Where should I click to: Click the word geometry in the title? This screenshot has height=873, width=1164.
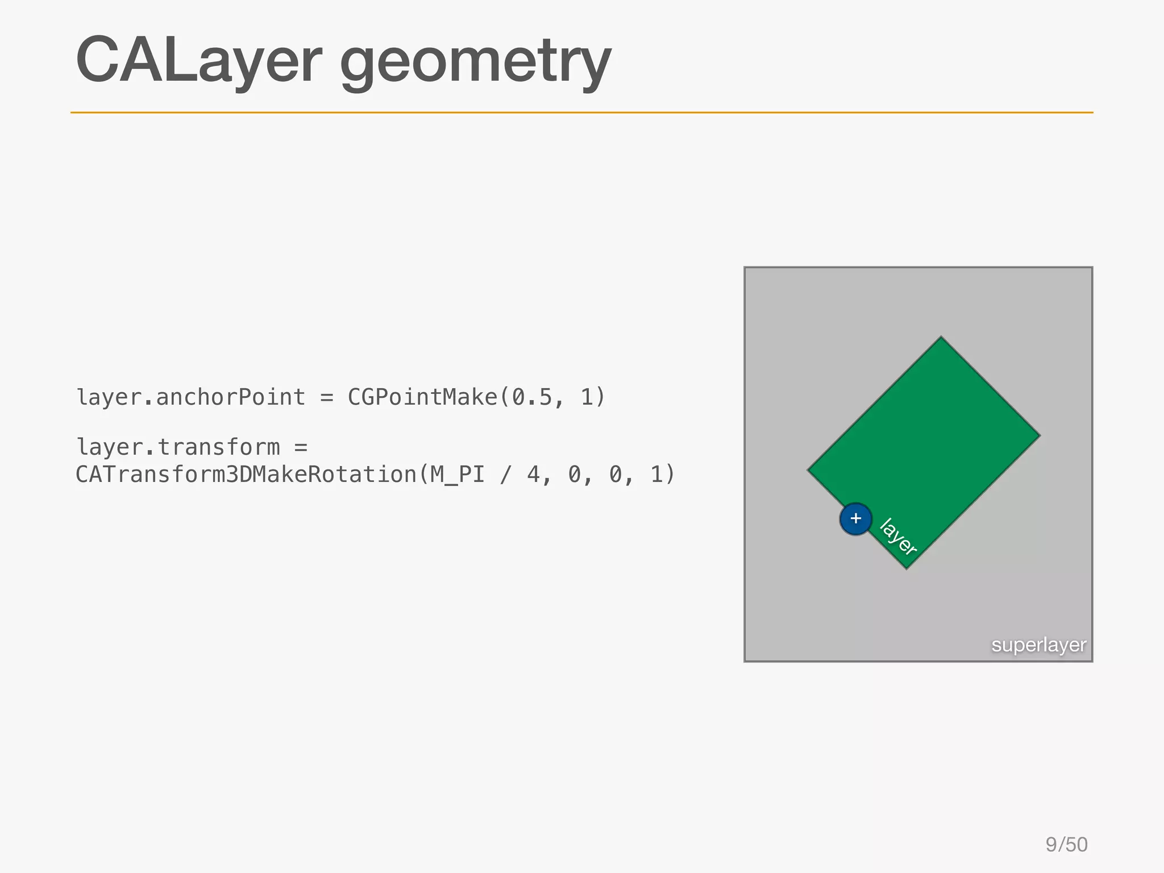pyautogui.click(x=475, y=63)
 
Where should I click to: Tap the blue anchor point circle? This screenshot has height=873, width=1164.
pyautogui.click(x=855, y=519)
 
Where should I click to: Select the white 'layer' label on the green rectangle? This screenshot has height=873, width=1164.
pyautogui.click(x=898, y=536)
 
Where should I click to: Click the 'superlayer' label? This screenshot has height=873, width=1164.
pyautogui.click(x=1038, y=645)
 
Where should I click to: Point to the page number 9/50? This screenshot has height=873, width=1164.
pyautogui.click(x=1066, y=845)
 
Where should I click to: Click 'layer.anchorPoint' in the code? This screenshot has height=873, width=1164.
pyautogui.click(x=191, y=397)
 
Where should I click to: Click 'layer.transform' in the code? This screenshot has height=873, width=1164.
pyautogui.click(x=178, y=447)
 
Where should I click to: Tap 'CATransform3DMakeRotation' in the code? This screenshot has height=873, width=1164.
pyautogui.click(x=246, y=475)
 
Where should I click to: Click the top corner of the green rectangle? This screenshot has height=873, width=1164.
pyautogui.click(x=941, y=337)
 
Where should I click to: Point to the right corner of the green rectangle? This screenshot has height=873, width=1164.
pyautogui.click(x=1040, y=436)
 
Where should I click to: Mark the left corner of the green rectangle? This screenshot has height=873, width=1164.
pyautogui.click(x=808, y=470)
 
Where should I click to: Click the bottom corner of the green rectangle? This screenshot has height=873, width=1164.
pyautogui.click(x=907, y=568)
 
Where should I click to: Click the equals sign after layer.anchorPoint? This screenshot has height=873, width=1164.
pyautogui.click(x=326, y=397)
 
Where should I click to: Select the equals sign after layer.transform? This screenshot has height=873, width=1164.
pyautogui.click(x=301, y=447)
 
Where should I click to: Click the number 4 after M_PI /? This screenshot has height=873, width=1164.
pyautogui.click(x=533, y=475)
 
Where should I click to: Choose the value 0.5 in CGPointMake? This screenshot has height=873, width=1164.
pyautogui.click(x=532, y=397)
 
